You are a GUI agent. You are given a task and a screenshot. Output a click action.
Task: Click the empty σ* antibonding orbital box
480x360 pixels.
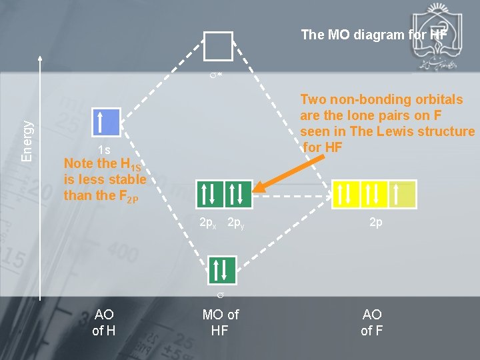219,46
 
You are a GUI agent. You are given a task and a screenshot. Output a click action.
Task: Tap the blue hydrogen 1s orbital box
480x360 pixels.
105,123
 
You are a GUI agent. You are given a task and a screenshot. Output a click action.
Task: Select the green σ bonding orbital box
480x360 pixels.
221,269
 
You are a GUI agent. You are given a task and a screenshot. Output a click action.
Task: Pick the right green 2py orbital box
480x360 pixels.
238,193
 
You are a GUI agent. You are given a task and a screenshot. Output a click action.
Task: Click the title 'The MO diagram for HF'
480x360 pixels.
373,34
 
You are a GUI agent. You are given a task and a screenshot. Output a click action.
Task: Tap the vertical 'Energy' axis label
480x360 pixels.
27,141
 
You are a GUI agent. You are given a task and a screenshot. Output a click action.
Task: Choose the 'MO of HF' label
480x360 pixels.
220,322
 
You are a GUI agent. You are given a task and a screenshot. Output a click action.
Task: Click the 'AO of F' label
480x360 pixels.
371,322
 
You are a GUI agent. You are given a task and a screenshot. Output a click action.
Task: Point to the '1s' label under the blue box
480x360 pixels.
104,150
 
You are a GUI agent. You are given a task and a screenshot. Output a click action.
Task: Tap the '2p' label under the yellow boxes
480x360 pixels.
376,223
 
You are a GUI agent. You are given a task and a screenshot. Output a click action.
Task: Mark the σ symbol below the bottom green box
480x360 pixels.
220,294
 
